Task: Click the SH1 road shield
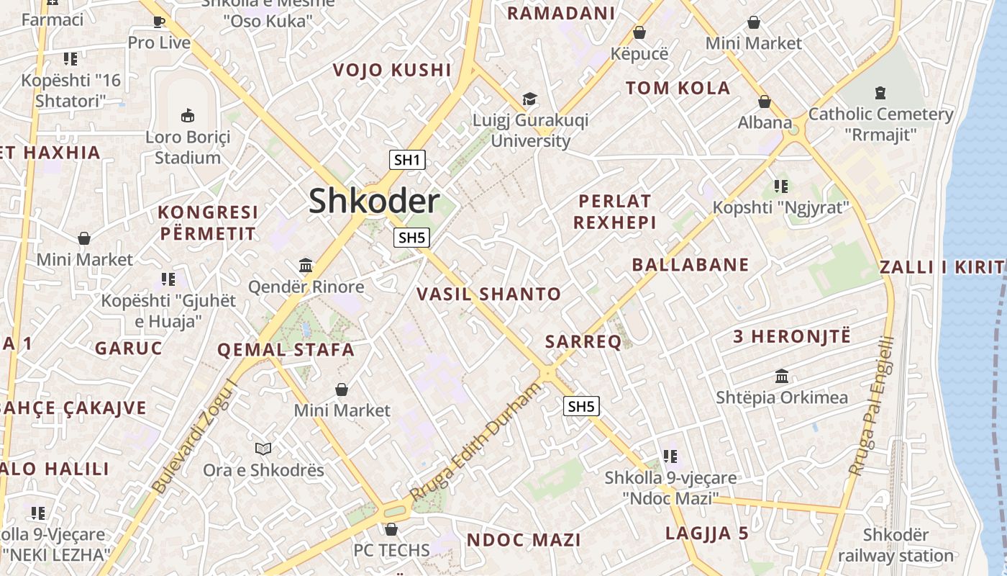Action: point(407,160)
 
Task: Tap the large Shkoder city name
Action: point(374,201)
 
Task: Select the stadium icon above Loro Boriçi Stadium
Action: point(188,114)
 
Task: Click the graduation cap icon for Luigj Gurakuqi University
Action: point(530,99)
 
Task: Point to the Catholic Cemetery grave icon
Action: point(880,92)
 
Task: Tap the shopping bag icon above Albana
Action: point(765,102)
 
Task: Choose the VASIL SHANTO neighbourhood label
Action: point(488,294)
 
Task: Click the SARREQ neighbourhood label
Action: point(583,342)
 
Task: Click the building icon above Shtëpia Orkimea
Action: point(782,376)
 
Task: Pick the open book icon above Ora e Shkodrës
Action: point(263,449)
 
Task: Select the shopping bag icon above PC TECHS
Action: point(391,529)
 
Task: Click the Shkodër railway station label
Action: point(896,546)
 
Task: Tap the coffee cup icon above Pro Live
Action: point(160,22)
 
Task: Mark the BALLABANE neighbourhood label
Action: point(691,265)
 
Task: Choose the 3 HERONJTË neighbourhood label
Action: point(791,336)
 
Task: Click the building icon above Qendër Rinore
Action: point(306,266)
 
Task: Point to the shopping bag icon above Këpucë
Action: point(639,32)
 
